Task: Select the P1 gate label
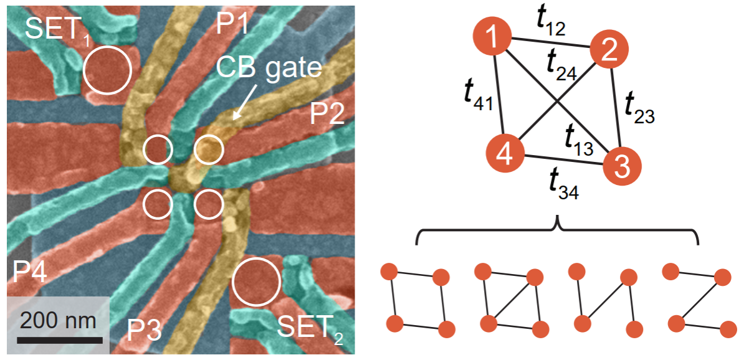232,24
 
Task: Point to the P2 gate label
327,114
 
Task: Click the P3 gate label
144,331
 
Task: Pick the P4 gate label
29,272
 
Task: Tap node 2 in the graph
608,49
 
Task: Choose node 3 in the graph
621,168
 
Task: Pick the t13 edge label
578,138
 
